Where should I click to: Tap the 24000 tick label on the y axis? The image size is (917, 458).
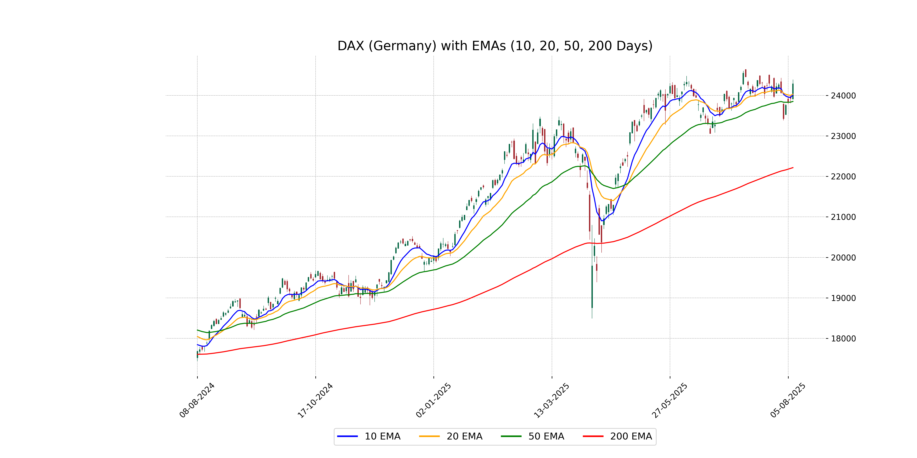[843, 96]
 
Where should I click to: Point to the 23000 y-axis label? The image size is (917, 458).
[843, 136]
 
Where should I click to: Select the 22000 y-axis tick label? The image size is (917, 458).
[843, 177]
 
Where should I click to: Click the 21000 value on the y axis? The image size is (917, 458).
[843, 217]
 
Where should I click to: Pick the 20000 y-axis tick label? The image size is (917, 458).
[843, 258]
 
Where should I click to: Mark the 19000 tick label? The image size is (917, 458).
[843, 298]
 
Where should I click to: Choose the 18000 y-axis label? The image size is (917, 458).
[843, 339]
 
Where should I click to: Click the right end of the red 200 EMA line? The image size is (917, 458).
[793, 168]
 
